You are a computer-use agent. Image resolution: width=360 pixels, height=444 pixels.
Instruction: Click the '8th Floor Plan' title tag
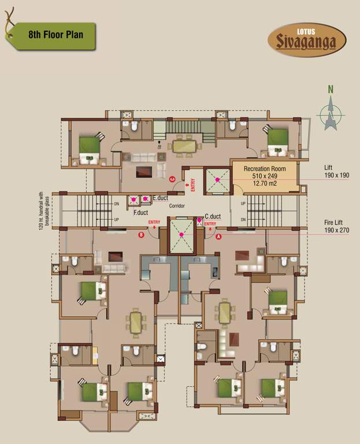coord(54,35)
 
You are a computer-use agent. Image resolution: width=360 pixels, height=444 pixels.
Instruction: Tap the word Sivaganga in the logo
coord(307,43)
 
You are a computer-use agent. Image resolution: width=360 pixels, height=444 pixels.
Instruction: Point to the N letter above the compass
coord(331,90)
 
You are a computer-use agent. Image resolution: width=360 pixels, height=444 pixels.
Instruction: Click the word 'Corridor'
coord(176,205)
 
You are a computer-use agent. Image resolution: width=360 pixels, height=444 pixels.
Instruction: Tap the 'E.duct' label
coord(160,198)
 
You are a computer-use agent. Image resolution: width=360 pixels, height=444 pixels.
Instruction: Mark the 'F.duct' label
coord(140,212)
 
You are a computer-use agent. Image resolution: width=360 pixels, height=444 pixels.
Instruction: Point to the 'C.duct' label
coord(212,216)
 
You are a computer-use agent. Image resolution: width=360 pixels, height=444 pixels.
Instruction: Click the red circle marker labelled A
coord(218,236)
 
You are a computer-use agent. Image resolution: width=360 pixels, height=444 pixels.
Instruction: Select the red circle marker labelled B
coord(141,235)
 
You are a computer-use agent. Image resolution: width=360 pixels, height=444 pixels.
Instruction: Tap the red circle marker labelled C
coord(172,180)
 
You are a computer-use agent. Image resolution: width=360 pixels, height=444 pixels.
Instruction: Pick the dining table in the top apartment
coord(184,147)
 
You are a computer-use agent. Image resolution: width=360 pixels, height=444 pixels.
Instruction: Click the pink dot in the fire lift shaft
coord(181,234)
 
